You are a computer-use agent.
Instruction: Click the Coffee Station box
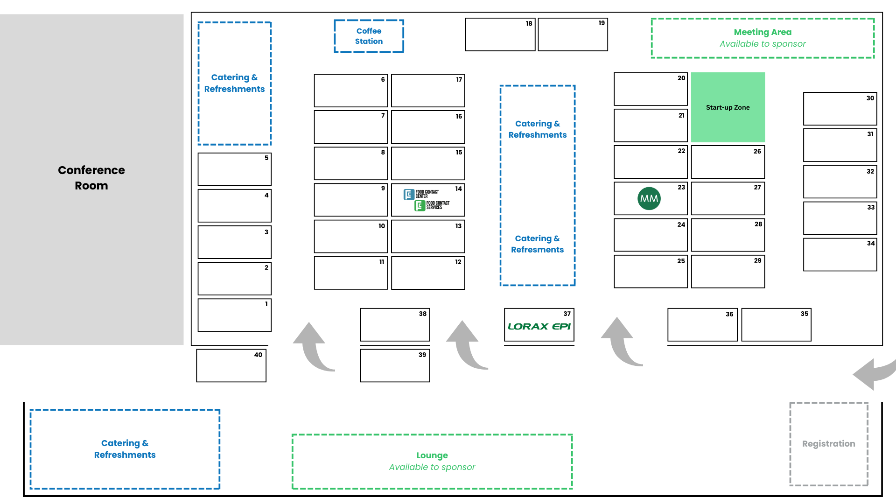[x=369, y=36]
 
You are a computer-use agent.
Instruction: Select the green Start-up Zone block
[x=728, y=107]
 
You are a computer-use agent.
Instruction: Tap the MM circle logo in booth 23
[x=649, y=198]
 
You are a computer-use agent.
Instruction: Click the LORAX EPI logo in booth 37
[x=539, y=327]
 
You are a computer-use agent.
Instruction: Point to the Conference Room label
[x=91, y=178]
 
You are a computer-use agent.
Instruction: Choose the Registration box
[x=828, y=444]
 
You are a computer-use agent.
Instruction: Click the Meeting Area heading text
[x=763, y=32]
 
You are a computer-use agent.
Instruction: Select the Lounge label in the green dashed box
[x=432, y=455]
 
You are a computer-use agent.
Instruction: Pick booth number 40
[x=231, y=366]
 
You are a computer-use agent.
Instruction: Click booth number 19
[x=573, y=35]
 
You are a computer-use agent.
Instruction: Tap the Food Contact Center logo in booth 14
[x=421, y=194]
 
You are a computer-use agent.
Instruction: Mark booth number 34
[x=840, y=255]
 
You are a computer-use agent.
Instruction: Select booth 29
[x=728, y=272]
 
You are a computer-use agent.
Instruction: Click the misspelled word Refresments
[x=537, y=250]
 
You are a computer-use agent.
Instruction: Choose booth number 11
[x=350, y=273]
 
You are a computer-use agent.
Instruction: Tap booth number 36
[x=702, y=325]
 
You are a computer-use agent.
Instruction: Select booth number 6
[x=350, y=91]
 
